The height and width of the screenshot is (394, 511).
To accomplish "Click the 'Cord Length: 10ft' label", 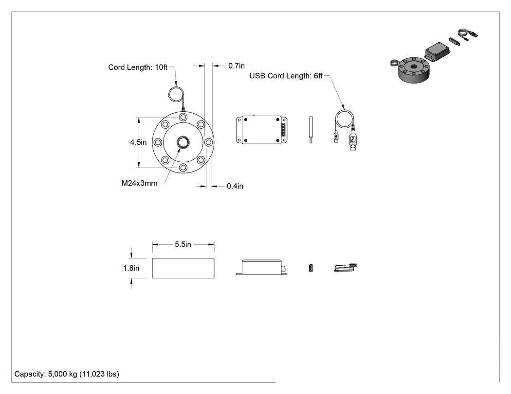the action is coord(138,68).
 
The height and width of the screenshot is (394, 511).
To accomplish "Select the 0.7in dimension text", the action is coord(236,66).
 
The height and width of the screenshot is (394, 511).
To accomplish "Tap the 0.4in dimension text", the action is coord(235,186).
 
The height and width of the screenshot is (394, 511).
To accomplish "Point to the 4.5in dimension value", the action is coord(138,142).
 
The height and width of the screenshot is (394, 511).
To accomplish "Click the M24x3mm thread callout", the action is coord(140,183).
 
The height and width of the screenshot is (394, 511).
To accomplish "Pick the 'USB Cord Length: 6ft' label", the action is coord(286,76).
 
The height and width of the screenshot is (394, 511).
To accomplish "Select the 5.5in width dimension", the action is coord(183,244).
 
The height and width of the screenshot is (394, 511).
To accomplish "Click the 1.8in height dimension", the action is coord(131,268).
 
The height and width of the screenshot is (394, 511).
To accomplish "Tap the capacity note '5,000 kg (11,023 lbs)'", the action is coord(83,374).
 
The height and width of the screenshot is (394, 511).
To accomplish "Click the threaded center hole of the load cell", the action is coord(183,142).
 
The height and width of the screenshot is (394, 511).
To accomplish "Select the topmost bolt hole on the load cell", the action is coord(183,117).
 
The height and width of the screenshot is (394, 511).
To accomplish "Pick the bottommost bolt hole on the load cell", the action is coord(183,168).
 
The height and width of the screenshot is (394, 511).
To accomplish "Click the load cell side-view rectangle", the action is coord(183,268).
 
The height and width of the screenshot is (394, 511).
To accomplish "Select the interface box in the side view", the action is coord(262,267).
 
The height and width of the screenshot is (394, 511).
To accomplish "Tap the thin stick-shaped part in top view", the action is coord(311,130).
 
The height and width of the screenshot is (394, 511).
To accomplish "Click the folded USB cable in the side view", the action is coord(346,268).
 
